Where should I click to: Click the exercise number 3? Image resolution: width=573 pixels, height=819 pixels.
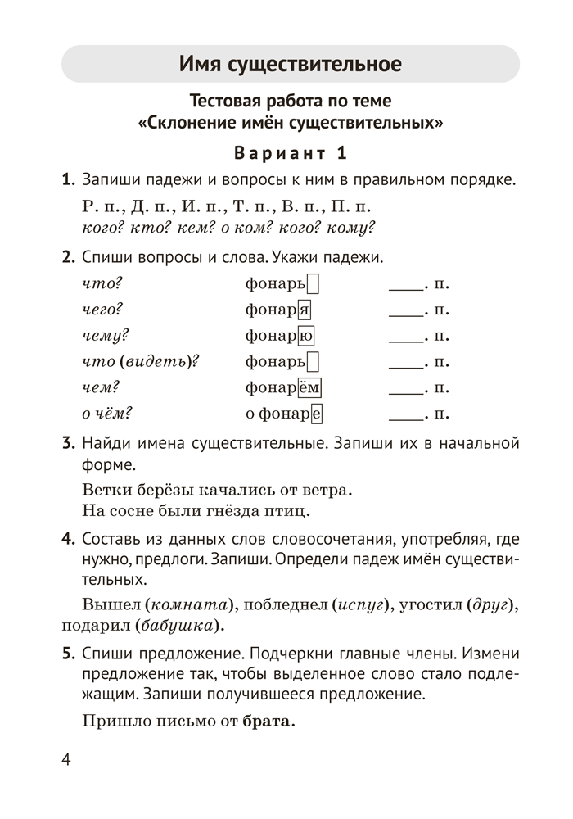tap(68, 444)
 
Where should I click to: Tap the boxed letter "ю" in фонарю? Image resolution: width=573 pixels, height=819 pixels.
tap(306, 335)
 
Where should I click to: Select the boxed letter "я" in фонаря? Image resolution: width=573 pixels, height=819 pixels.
tap(304, 310)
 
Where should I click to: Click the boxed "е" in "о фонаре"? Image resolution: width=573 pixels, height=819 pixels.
tap(316, 413)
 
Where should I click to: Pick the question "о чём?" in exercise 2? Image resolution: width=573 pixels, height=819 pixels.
tap(108, 413)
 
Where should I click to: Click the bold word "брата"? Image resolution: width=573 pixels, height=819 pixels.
tap(267, 722)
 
